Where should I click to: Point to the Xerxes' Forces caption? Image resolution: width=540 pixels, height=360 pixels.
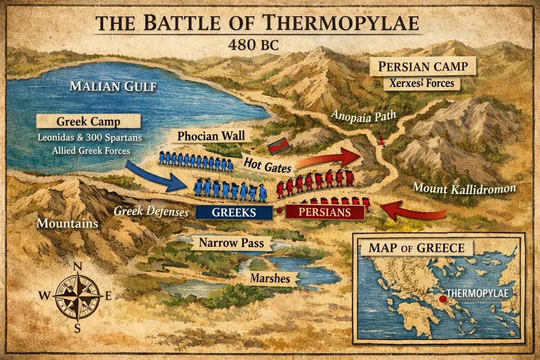coord(422,84)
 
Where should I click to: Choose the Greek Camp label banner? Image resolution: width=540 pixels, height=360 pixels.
coord(88,122)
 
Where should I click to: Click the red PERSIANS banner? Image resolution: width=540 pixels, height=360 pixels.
coord(325,212)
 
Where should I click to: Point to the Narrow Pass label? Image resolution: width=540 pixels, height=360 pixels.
coord(232,244)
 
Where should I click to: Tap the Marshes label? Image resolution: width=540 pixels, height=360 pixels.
coord(270,278)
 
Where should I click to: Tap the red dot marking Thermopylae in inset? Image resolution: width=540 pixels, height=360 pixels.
coord(443,298)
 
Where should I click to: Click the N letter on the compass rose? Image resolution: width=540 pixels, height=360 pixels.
coord(77,268)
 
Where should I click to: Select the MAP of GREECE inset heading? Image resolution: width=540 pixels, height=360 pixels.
coord(412,248)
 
